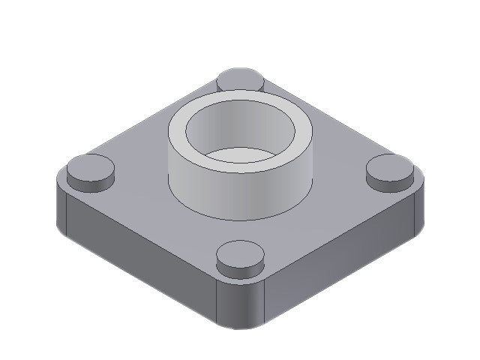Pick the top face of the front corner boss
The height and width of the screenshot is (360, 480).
click(x=241, y=252)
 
